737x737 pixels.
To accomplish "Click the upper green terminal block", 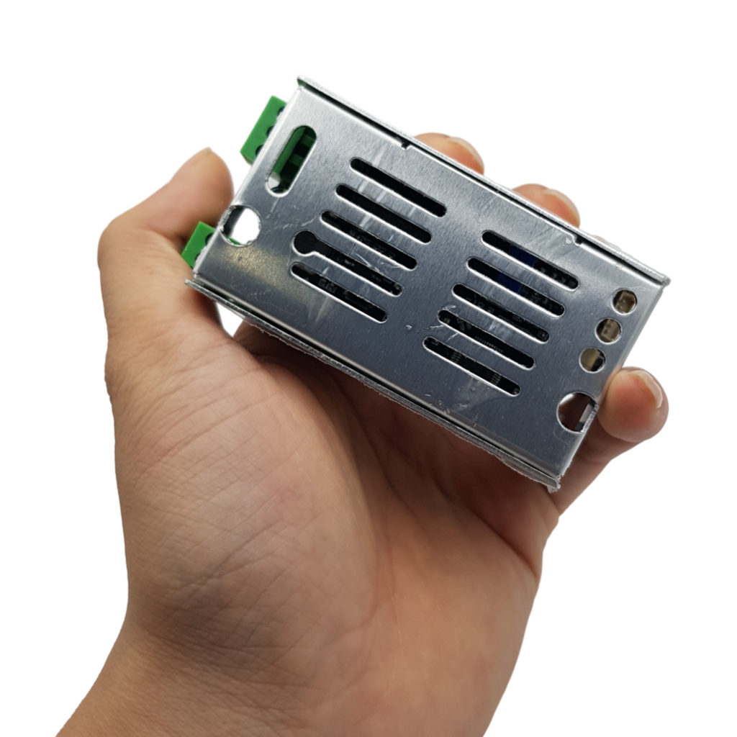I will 261,128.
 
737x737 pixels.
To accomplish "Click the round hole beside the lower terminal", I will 242,225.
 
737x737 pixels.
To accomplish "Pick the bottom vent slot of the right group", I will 471,366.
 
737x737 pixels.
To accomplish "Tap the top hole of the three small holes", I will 624,301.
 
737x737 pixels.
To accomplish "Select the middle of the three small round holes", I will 609,330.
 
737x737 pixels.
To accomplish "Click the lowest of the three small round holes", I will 592,359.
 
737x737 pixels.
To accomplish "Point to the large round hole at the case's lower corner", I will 577,411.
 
